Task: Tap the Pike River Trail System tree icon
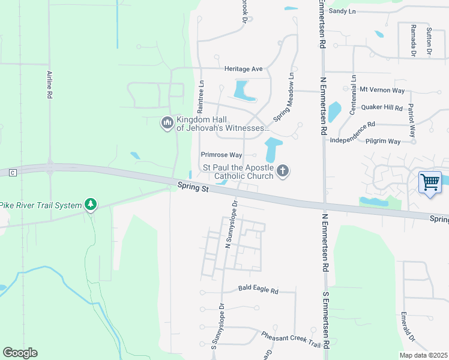point(91,205)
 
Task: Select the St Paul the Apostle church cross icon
point(283,172)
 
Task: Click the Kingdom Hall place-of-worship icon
point(167,124)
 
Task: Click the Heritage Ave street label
point(244,69)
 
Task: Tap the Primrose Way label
point(221,154)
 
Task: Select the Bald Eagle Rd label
point(258,291)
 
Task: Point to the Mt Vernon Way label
point(382,90)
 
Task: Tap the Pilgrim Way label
point(382,141)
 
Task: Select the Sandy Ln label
point(342,11)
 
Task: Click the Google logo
point(20,353)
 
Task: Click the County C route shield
point(11,173)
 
